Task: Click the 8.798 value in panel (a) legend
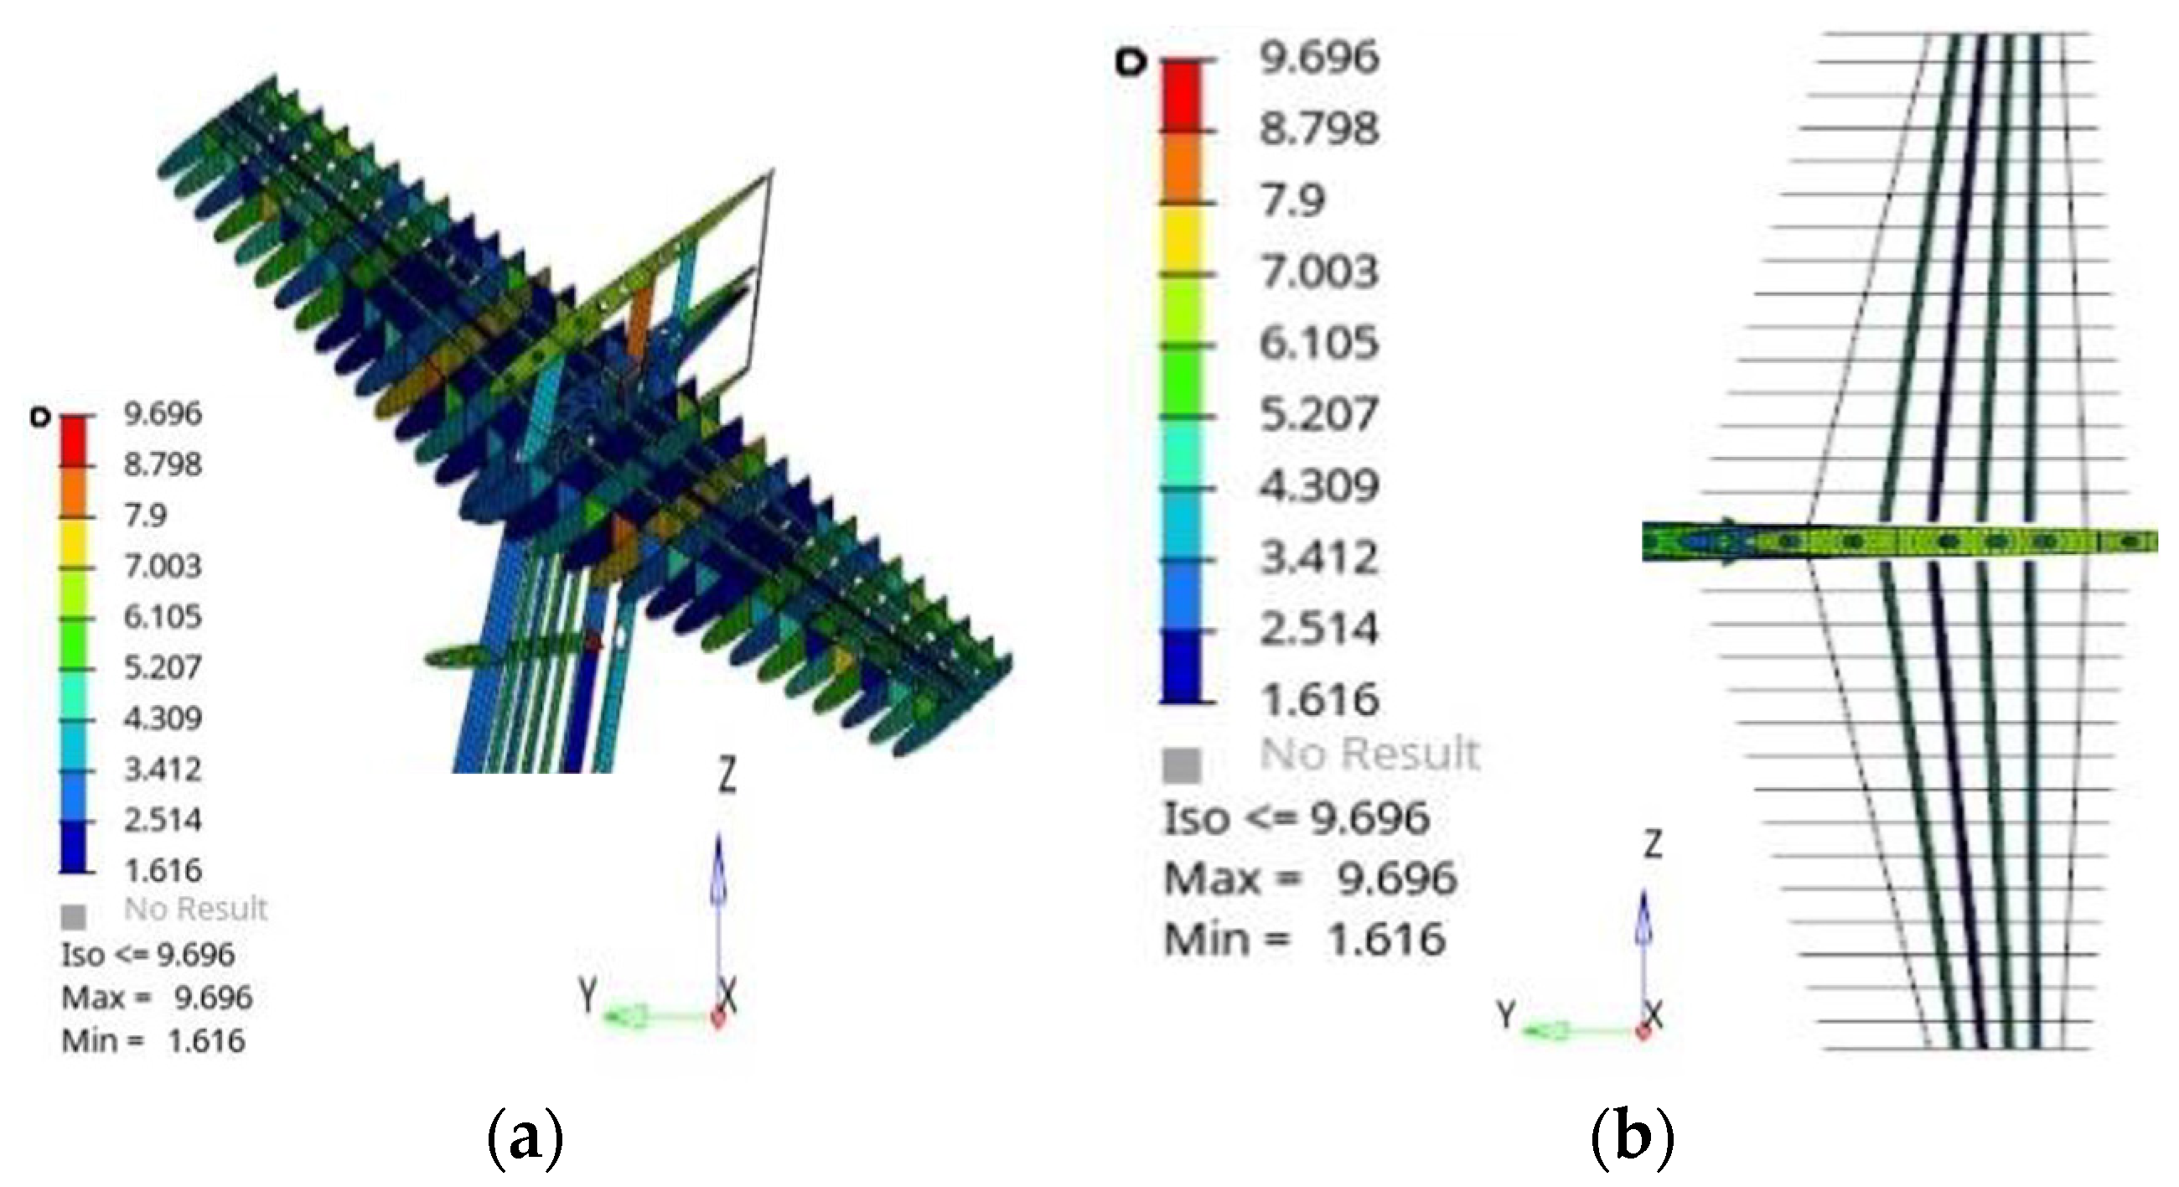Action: click(x=163, y=464)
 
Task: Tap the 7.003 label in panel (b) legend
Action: click(x=1320, y=272)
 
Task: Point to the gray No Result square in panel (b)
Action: click(x=1182, y=765)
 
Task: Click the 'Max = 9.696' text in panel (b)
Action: click(x=1310, y=879)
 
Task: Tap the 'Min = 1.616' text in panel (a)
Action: click(x=153, y=1040)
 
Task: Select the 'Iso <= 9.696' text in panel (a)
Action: click(x=148, y=955)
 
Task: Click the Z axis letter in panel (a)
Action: click(x=727, y=775)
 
